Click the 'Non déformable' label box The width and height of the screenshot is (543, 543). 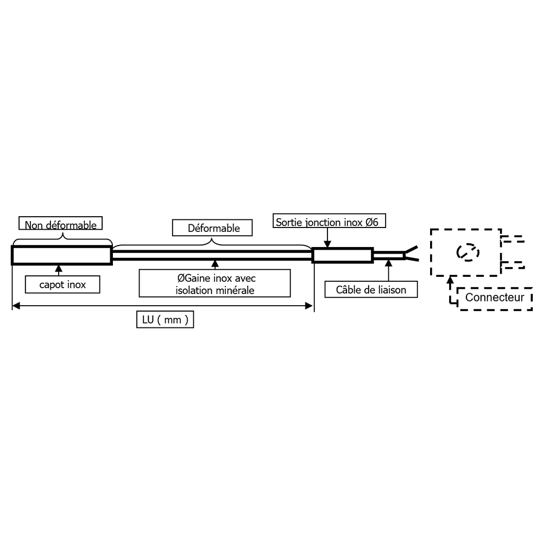(61, 224)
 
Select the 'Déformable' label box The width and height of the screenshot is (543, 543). (213, 228)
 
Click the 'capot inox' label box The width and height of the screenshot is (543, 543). (62, 285)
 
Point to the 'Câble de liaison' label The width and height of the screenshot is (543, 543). (372, 289)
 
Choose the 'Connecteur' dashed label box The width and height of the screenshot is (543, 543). (495, 298)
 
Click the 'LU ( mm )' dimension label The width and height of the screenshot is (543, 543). (165, 320)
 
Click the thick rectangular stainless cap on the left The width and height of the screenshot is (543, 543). (61, 255)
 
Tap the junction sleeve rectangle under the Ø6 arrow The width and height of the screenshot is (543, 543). (342, 255)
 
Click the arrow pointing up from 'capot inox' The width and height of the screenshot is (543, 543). (59, 270)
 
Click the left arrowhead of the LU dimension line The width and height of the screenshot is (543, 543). (16, 306)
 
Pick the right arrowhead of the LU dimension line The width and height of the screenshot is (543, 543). (310, 306)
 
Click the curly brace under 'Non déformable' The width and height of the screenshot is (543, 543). (62, 238)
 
